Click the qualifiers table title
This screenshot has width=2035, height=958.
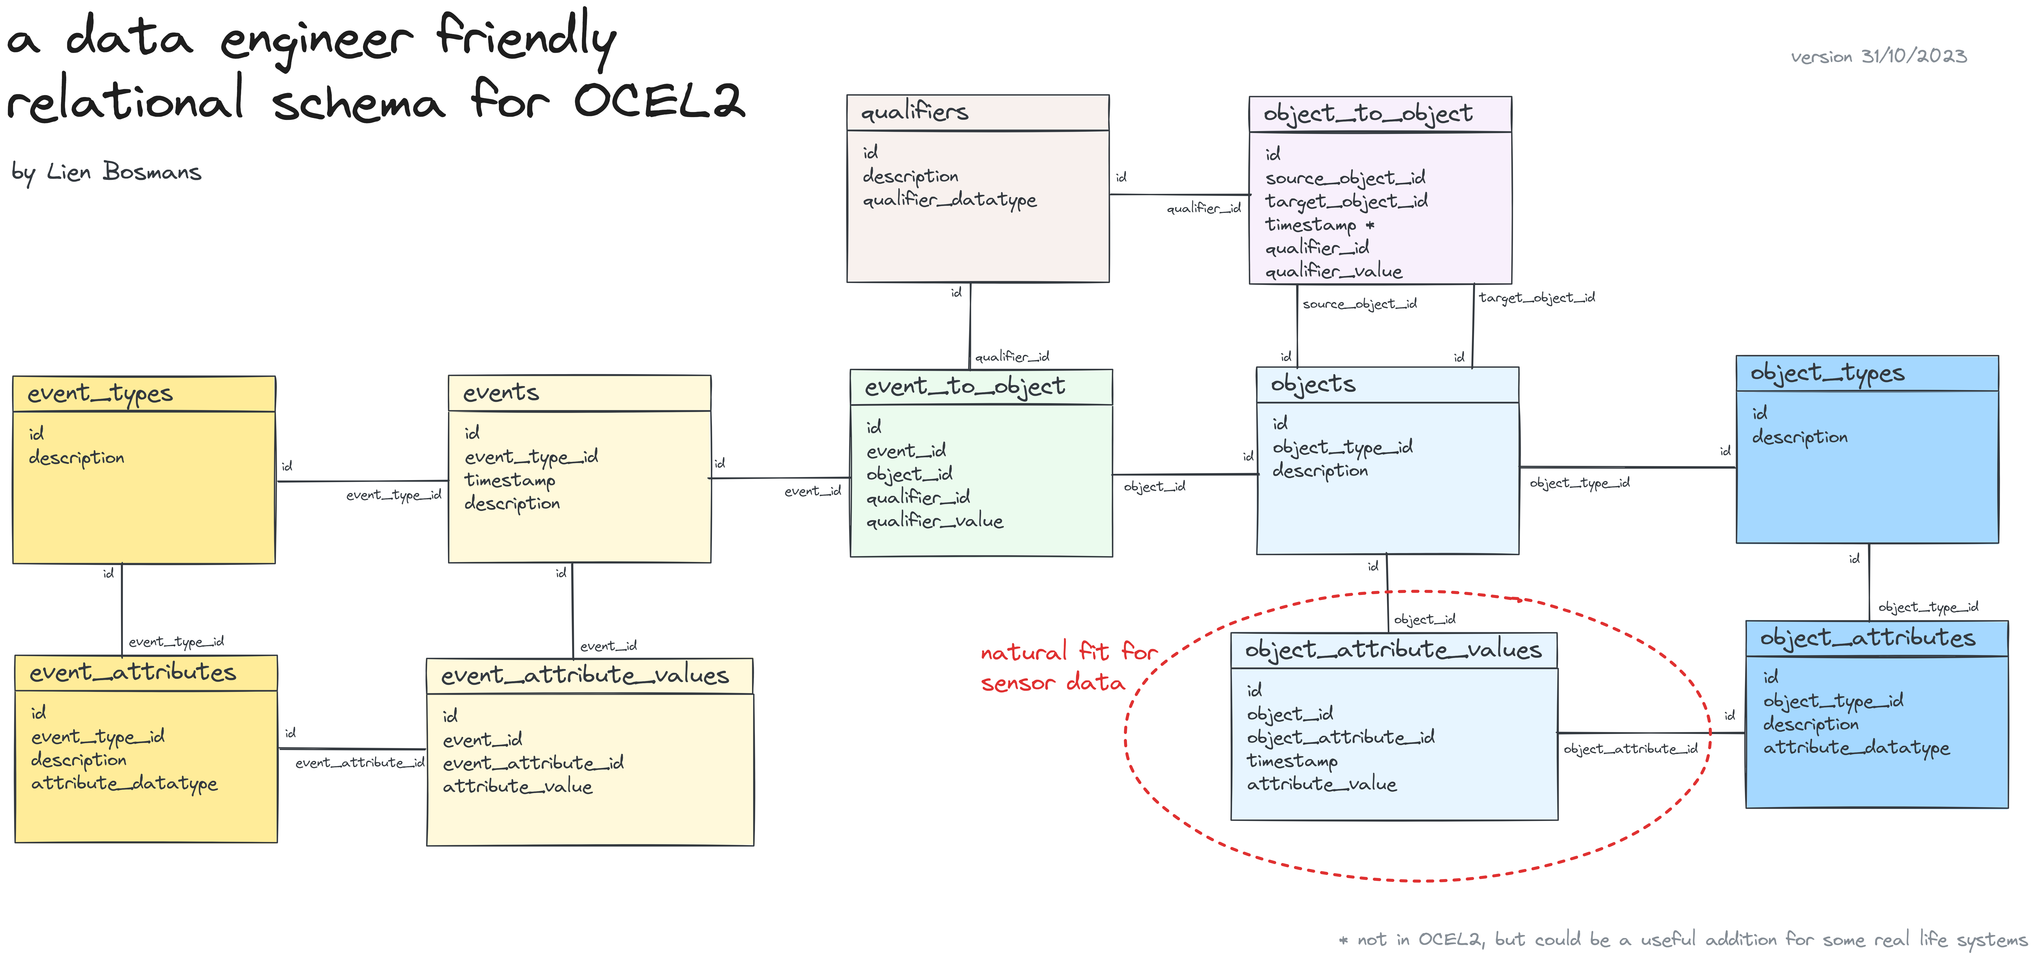pos(914,112)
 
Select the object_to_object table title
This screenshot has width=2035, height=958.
pos(1367,114)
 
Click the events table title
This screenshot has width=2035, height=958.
pos(501,392)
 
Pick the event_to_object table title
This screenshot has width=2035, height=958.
pos(965,387)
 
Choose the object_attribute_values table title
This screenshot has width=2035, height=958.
pos(1393,650)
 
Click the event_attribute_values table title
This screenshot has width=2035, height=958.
pos(585,675)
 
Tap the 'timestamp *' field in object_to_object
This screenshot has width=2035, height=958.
pos(1319,224)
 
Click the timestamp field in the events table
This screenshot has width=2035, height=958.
pos(510,480)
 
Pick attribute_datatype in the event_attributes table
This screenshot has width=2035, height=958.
pos(124,783)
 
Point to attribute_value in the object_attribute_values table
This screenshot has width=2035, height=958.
pos(1321,784)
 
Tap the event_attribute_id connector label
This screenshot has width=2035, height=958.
pos(359,763)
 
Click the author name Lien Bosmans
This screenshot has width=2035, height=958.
pos(124,171)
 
